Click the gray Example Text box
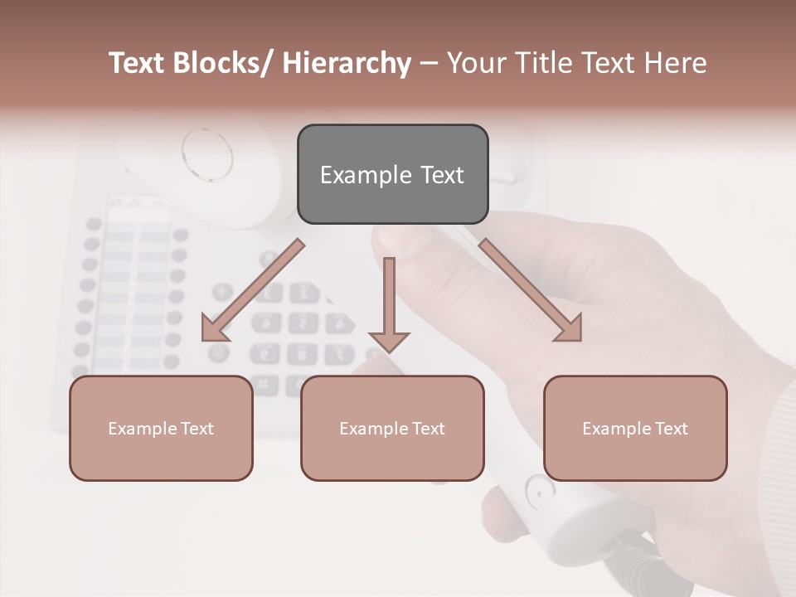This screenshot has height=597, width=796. tap(392, 174)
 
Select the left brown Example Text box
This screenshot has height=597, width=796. tap(161, 428)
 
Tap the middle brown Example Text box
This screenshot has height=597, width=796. tap(392, 428)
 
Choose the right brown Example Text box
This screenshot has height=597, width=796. tap(635, 428)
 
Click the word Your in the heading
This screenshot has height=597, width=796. tap(475, 64)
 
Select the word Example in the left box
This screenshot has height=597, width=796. tap(142, 428)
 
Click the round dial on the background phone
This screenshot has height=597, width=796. tap(206, 153)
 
